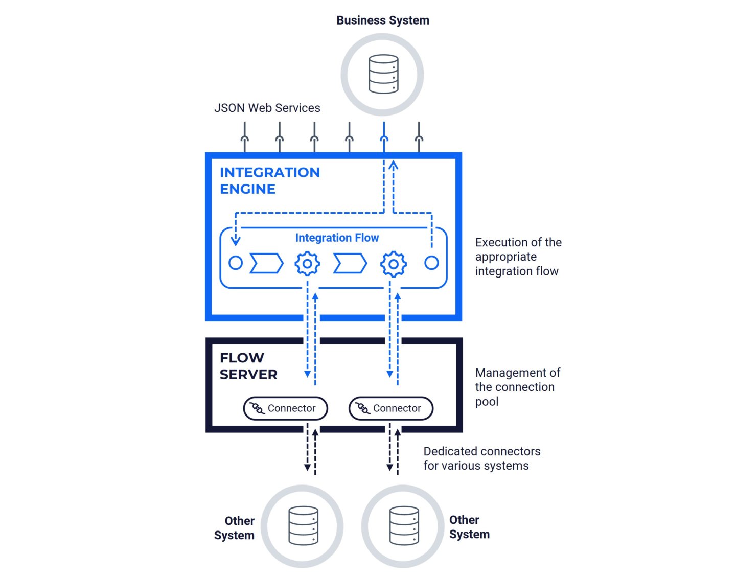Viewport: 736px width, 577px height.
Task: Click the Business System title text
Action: coord(382,20)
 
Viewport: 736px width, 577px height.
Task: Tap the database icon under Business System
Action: coord(383,74)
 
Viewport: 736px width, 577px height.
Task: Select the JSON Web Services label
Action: coord(267,108)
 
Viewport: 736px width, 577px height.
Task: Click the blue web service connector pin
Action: coord(384,137)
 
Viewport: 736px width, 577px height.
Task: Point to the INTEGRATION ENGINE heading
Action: coord(269,180)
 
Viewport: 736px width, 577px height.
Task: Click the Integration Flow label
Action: coord(337,238)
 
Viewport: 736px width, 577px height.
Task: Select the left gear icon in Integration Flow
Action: coord(307,264)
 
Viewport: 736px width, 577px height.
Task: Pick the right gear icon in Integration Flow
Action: coord(393,264)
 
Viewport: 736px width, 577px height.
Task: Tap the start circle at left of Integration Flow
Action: coord(236,263)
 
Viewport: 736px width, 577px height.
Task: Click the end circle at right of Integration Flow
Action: coord(431,263)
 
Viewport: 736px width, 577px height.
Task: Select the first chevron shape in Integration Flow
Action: coord(266,263)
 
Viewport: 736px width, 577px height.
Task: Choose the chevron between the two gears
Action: coord(350,263)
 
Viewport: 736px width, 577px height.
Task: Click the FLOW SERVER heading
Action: coord(248,366)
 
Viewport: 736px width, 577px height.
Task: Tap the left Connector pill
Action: coord(285,408)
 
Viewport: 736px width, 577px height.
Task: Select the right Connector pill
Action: coord(391,408)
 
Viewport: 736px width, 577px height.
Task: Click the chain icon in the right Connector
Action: coord(362,408)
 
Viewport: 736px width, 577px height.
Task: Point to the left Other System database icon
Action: coord(303,526)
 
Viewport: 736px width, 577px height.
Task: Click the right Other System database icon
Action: coord(404,526)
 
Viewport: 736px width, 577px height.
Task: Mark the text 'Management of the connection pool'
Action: coord(517,387)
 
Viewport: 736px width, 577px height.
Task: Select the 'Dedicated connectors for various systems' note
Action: coord(481,458)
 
